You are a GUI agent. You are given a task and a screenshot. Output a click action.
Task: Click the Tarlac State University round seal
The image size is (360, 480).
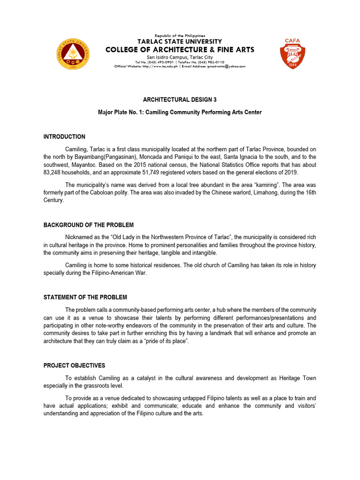point(73,53)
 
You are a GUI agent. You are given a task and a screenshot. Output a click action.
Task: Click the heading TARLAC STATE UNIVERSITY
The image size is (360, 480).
point(180,42)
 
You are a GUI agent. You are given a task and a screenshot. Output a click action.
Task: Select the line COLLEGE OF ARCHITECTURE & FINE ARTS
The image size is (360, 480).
point(180,50)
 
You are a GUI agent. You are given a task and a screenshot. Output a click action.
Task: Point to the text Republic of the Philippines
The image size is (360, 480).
point(180,36)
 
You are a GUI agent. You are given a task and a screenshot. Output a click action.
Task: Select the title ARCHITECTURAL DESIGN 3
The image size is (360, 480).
point(180,100)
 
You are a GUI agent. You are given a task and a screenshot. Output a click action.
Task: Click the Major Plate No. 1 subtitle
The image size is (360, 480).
point(180,112)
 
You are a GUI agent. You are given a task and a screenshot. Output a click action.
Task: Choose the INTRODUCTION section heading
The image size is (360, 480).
point(64,137)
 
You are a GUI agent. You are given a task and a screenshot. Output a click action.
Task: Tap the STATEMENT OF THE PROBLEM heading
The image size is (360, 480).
point(85,297)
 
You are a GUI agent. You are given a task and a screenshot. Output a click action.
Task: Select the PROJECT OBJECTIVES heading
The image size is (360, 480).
point(74,366)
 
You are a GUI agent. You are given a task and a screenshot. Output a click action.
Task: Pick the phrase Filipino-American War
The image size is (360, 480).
point(117,274)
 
